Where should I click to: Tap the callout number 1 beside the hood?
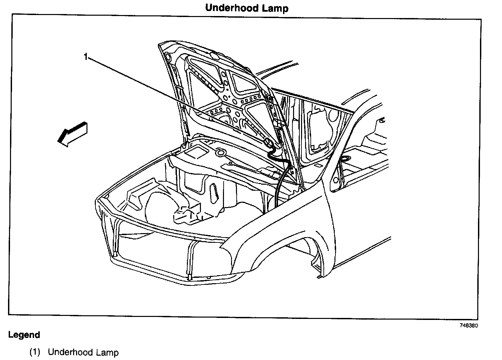point(85,57)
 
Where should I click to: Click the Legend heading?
point(24,335)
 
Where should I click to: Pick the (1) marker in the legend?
point(35,352)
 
